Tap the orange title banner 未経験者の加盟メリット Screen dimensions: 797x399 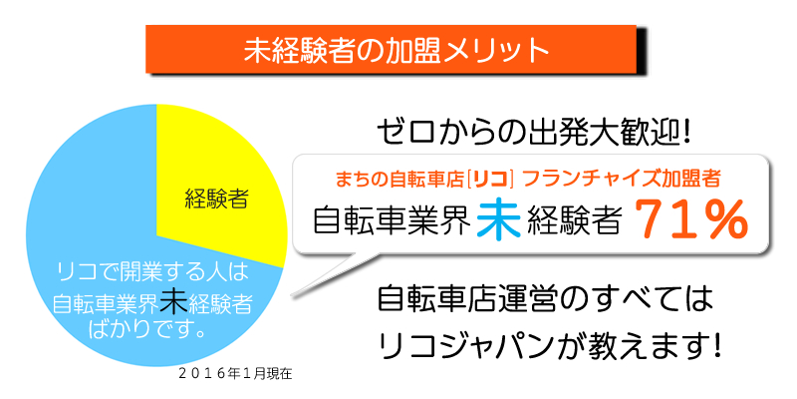[391, 49]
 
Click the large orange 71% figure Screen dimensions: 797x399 [689, 221]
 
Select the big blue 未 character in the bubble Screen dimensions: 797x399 [499, 220]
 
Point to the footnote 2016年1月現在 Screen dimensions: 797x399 [235, 374]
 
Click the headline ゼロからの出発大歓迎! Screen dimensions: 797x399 [534, 133]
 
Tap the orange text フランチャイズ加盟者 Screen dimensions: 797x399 [621, 180]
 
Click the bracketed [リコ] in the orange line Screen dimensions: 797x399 [488, 180]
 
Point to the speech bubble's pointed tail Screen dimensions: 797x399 [293, 294]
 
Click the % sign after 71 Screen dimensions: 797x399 [721, 221]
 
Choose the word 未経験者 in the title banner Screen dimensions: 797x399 [298, 50]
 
